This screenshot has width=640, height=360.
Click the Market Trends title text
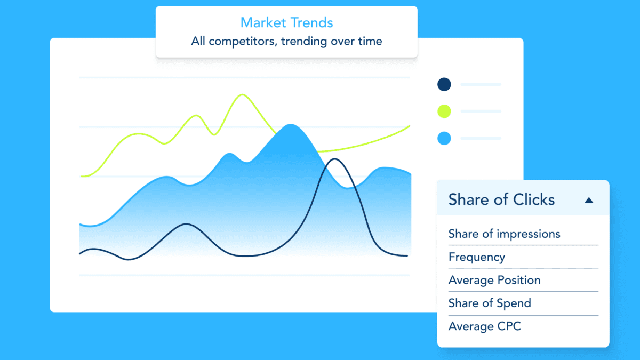click(286, 23)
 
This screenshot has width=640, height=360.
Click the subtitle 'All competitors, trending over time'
click(286, 41)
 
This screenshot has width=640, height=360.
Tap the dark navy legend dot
click(444, 84)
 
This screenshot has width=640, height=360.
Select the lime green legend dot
click(444, 111)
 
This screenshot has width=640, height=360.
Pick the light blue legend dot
click(444, 139)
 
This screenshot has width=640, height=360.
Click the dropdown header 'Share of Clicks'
click(501, 199)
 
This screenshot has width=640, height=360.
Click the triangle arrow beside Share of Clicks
click(589, 200)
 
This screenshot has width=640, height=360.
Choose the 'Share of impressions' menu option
click(504, 234)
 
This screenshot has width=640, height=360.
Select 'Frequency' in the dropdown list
click(476, 257)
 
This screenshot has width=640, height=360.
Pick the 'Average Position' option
click(494, 280)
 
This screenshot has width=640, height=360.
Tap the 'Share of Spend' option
click(490, 303)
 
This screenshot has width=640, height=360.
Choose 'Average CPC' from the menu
click(484, 326)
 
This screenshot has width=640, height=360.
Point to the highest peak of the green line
click(243, 95)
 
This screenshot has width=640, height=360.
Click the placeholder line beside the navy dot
click(481, 84)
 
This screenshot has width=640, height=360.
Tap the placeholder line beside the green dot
click(481, 111)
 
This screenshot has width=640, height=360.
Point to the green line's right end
click(409, 126)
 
